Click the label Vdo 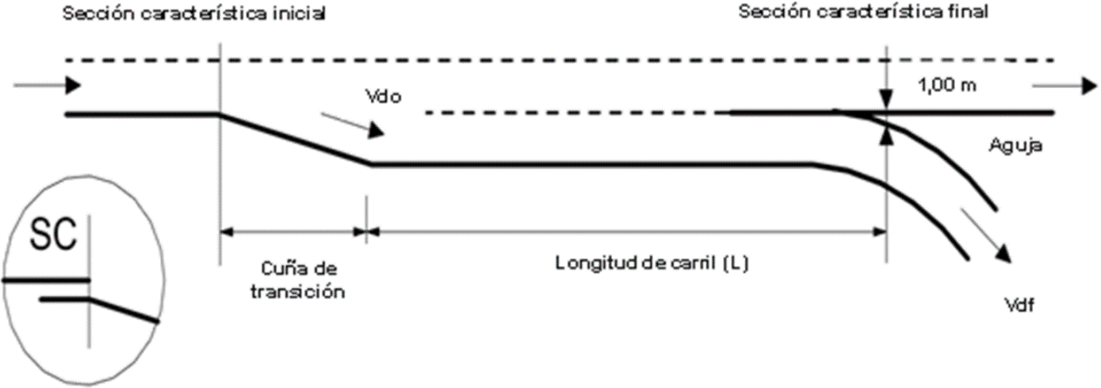(x=383, y=97)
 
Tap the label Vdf (x=1018, y=305)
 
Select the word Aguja (x=1016, y=146)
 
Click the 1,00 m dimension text (x=947, y=85)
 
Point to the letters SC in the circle (x=54, y=235)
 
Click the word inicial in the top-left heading (x=299, y=13)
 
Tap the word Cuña (x=279, y=268)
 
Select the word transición (x=298, y=291)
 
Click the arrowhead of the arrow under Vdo (x=377, y=130)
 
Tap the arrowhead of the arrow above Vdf (x=1003, y=253)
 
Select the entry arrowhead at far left (x=73, y=85)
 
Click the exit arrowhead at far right (x=1089, y=86)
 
